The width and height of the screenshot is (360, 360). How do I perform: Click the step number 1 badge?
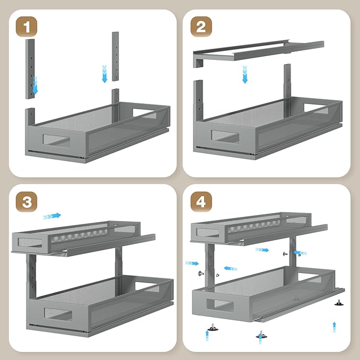tap(27, 27)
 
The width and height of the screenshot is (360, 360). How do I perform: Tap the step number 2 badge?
tap(201, 27)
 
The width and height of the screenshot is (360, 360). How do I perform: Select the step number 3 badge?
tap(27, 202)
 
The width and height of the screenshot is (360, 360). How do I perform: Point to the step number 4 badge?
tap(201, 202)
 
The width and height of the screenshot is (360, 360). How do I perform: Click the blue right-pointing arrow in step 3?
tap(52, 216)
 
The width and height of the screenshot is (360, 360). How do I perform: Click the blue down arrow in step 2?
tap(245, 74)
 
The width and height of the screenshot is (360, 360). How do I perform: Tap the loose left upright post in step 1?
tap(30, 69)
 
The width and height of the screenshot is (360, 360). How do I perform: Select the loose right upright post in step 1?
tap(116, 56)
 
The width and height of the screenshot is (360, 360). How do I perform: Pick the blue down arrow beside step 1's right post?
tap(104, 74)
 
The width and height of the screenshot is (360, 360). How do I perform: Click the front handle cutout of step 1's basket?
tap(56, 139)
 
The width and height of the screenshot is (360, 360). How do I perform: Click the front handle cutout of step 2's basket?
tap(225, 136)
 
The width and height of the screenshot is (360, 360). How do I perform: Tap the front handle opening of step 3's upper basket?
tap(30, 242)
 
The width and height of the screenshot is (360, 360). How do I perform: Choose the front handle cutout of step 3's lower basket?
tap(58, 314)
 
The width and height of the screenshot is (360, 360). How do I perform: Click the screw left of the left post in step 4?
tap(201, 273)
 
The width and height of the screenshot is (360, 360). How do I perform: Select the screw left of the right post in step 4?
tap(285, 254)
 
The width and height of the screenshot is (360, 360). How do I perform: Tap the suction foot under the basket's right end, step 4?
tap(339, 303)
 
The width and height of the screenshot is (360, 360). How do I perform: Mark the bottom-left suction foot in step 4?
tap(213, 327)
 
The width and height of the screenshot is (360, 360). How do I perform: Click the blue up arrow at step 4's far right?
tap(334, 327)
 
